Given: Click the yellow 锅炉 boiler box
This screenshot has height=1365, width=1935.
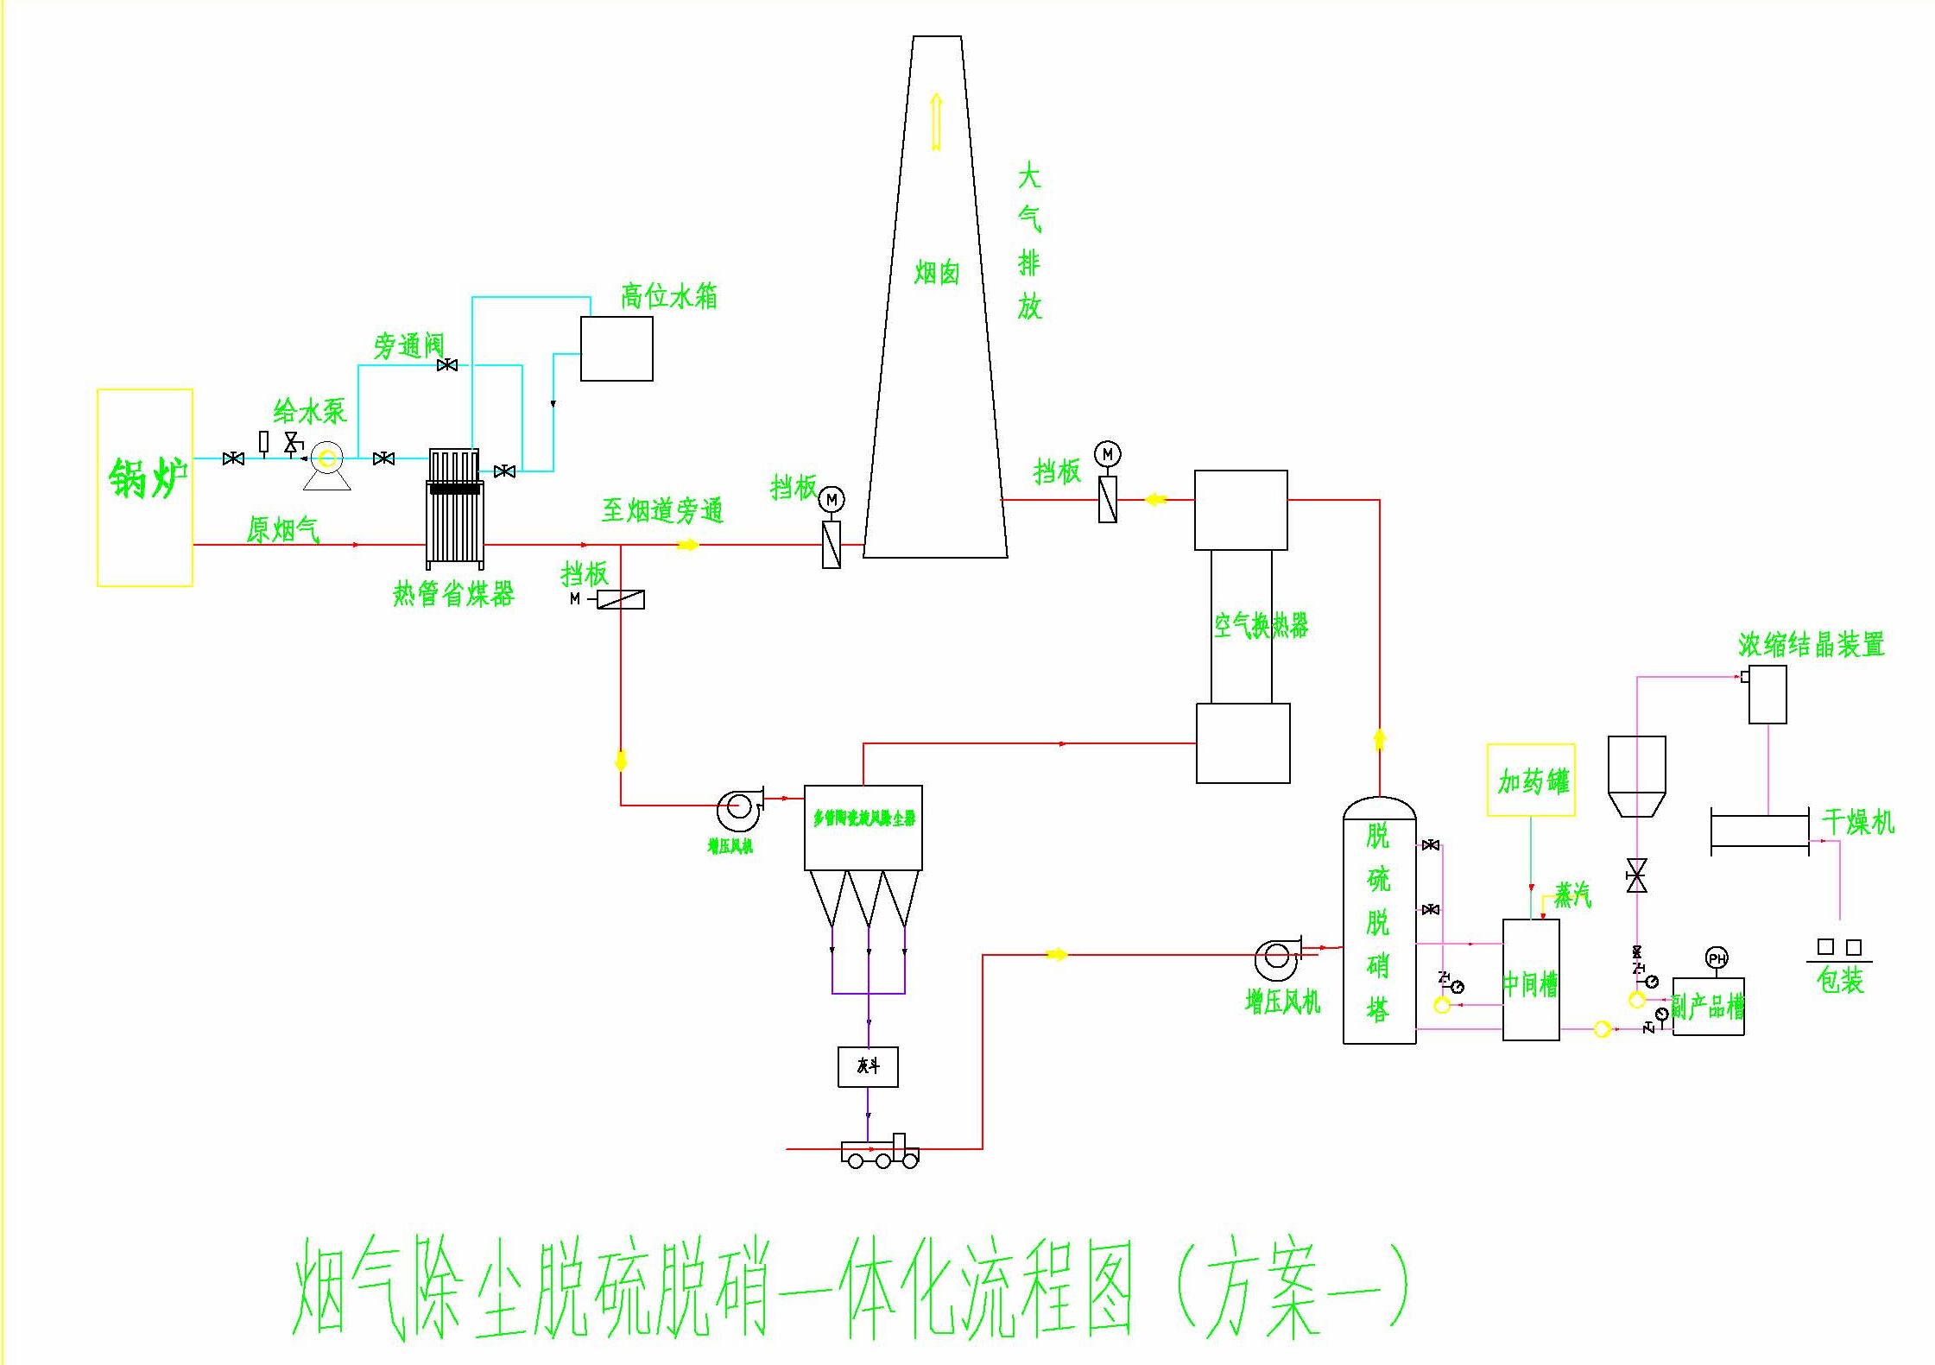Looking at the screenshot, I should click(x=144, y=487).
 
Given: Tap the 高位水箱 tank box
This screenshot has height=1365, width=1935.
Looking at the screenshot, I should click(x=616, y=348).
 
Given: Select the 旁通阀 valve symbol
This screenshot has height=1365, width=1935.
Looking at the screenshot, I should click(x=447, y=365).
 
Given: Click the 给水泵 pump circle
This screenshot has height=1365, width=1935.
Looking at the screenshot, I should click(x=327, y=458).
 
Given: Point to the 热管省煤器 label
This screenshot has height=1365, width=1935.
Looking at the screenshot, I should click(x=453, y=594).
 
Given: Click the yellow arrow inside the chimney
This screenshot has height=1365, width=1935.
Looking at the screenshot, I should click(x=936, y=121).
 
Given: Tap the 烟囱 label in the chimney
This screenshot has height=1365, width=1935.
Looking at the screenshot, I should click(x=937, y=274).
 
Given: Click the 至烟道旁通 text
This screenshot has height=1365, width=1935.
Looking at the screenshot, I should click(x=662, y=510).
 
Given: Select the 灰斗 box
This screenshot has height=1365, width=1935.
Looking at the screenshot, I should click(x=868, y=1066).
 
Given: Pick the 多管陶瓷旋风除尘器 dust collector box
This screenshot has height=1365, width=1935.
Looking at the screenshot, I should click(x=863, y=826).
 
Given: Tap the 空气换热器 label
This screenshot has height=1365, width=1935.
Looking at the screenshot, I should click(x=1261, y=625).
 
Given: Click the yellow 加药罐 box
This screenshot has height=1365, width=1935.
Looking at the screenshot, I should click(x=1531, y=780).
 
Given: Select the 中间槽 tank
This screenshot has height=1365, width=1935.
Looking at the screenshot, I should click(x=1531, y=980).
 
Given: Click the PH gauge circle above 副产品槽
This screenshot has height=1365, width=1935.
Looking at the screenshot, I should click(x=1717, y=958).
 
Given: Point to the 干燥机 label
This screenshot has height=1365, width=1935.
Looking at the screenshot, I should click(x=1857, y=822).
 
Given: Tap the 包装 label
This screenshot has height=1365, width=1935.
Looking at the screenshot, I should click(x=1839, y=981).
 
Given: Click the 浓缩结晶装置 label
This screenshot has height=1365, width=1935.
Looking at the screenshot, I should click(x=1811, y=644).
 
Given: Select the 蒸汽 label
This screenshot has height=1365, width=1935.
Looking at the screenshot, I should click(x=1572, y=894).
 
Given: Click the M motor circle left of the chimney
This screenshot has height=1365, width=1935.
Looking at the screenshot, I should click(x=832, y=499).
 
